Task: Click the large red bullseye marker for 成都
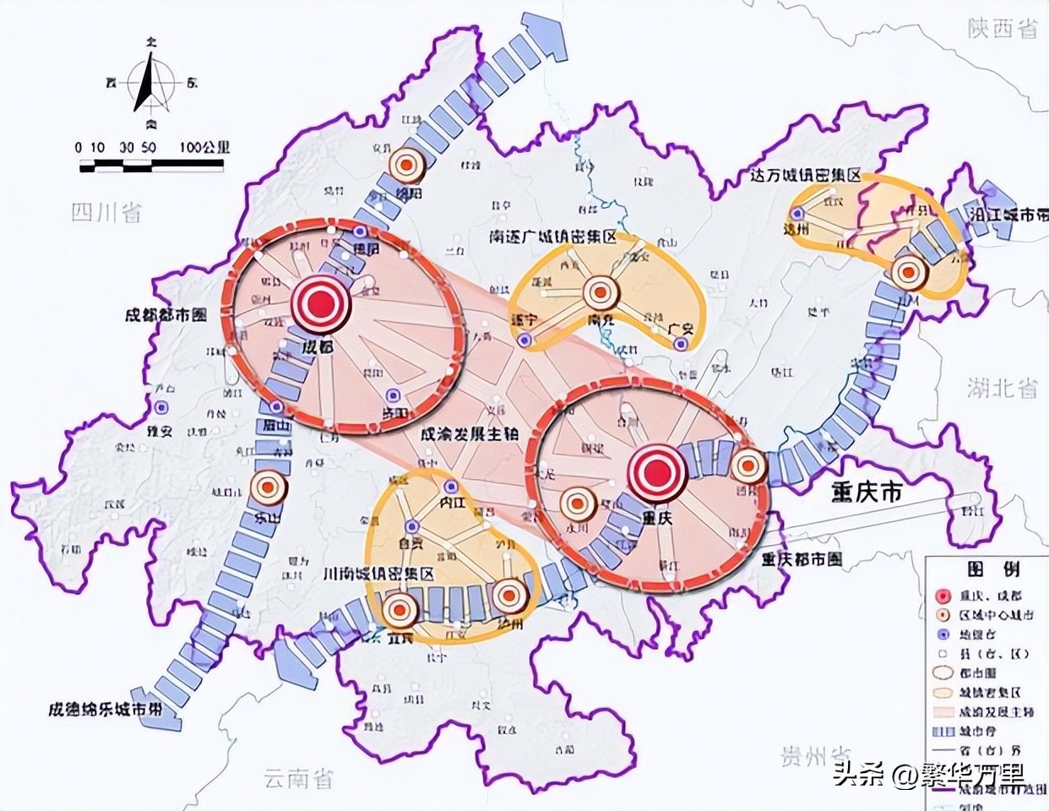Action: (x=319, y=304)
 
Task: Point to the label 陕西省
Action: (x=1003, y=30)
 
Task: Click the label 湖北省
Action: (x=1003, y=388)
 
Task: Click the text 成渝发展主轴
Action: (x=469, y=433)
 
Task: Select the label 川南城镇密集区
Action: (x=378, y=574)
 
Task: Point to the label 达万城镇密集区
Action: (x=805, y=176)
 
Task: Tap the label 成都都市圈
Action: (x=166, y=315)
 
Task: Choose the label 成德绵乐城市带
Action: (x=105, y=709)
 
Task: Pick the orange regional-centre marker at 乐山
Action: (x=269, y=487)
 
